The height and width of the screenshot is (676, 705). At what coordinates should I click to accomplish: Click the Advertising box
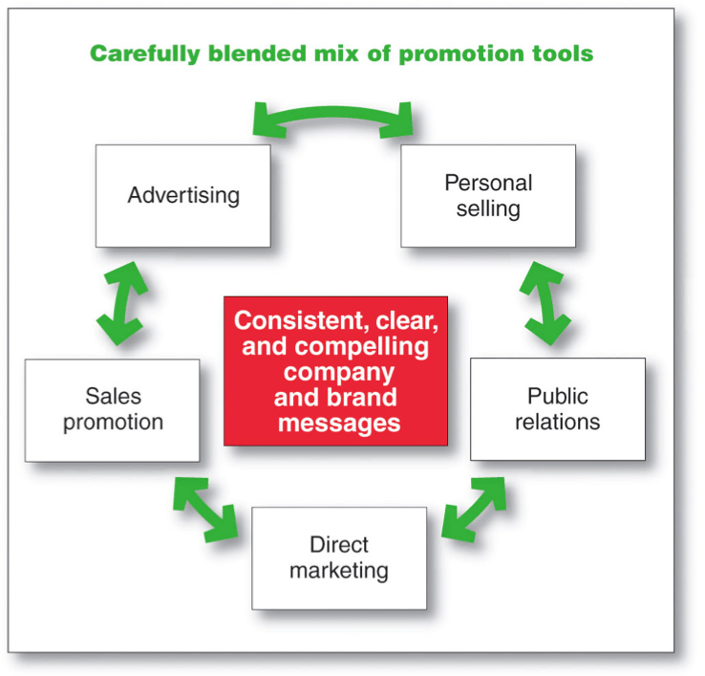pyautogui.click(x=182, y=196)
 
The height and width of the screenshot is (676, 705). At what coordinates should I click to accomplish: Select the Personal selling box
pyautogui.click(x=487, y=196)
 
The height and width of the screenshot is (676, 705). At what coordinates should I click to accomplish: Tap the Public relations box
pyautogui.click(x=557, y=409)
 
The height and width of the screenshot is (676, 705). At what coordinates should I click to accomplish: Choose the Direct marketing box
pyautogui.click(x=338, y=558)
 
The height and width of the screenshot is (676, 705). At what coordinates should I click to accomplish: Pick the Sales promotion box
pyautogui.click(x=112, y=410)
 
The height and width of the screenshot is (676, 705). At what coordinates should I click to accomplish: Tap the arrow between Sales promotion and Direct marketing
pyautogui.click(x=205, y=508)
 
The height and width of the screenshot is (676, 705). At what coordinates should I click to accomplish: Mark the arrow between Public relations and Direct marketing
pyautogui.click(x=475, y=508)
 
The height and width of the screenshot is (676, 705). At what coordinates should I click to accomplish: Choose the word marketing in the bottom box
pyautogui.click(x=338, y=572)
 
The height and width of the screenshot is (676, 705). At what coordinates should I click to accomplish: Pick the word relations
pyautogui.click(x=557, y=422)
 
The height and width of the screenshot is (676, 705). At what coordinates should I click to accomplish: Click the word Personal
pyautogui.click(x=488, y=183)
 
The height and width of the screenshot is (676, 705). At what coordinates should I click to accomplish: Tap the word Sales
pyautogui.click(x=112, y=397)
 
